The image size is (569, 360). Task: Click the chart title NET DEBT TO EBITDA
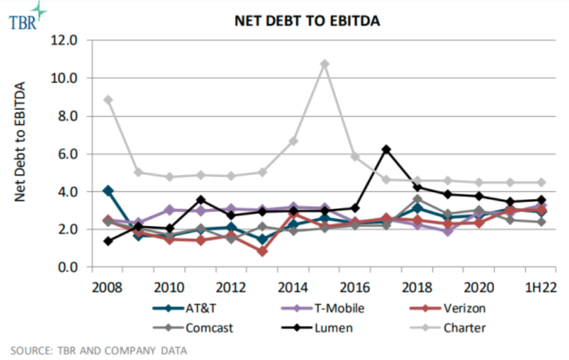(x=307, y=21)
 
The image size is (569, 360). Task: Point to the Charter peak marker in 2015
(x=324, y=64)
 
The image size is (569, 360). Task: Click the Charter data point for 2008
(x=107, y=100)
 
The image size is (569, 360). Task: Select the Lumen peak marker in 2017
(x=386, y=149)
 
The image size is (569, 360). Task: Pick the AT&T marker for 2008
(x=107, y=191)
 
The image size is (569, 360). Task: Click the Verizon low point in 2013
(x=262, y=251)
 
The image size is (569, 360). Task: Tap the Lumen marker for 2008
(x=107, y=241)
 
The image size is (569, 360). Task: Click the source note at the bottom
(x=98, y=350)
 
